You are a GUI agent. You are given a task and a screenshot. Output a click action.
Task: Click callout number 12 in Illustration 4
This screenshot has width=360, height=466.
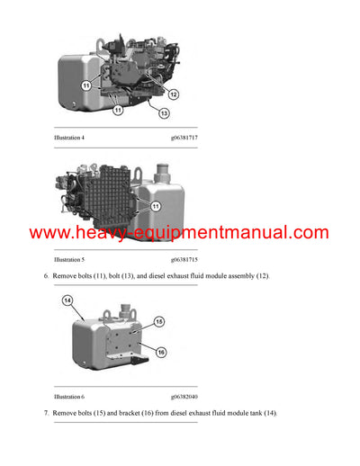(173, 94)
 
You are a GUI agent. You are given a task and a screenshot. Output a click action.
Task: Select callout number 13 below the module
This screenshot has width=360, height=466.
(164, 112)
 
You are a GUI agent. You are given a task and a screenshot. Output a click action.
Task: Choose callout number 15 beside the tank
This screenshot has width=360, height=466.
(158, 320)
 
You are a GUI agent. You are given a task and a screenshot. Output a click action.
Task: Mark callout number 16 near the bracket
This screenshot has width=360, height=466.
(158, 353)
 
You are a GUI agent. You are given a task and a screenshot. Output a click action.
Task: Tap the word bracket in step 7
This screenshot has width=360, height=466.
(131, 412)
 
